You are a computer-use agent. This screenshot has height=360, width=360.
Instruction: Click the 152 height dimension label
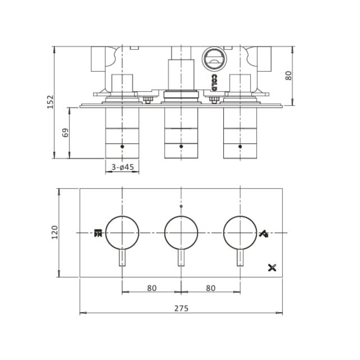click(x=50, y=101)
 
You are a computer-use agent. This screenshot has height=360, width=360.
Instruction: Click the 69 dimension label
click(x=65, y=133)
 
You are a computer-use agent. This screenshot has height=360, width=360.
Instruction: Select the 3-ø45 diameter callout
click(x=123, y=167)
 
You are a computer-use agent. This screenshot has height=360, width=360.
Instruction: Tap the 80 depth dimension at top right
click(x=289, y=75)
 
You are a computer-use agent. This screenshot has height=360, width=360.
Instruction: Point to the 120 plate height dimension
click(x=54, y=232)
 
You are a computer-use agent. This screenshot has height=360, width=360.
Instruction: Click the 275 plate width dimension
click(x=181, y=308)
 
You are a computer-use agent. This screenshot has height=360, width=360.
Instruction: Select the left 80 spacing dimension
click(x=151, y=288)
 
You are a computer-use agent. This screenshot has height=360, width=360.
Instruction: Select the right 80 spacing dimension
click(x=211, y=288)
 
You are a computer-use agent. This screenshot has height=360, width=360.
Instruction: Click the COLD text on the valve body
click(x=214, y=82)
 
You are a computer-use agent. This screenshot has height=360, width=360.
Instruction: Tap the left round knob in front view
click(x=122, y=232)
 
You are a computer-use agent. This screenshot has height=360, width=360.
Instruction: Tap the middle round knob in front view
click(x=181, y=232)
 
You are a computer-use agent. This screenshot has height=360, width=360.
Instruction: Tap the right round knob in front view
click(x=240, y=232)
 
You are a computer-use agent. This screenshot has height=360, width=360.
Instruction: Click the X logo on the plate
click(x=273, y=267)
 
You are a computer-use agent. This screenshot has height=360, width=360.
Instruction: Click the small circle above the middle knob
click(x=181, y=207)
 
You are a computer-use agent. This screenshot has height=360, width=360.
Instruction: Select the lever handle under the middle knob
click(x=181, y=258)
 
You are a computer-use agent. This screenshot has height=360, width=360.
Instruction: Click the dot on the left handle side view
click(x=122, y=146)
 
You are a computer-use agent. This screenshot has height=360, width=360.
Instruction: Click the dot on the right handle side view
click(x=240, y=146)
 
